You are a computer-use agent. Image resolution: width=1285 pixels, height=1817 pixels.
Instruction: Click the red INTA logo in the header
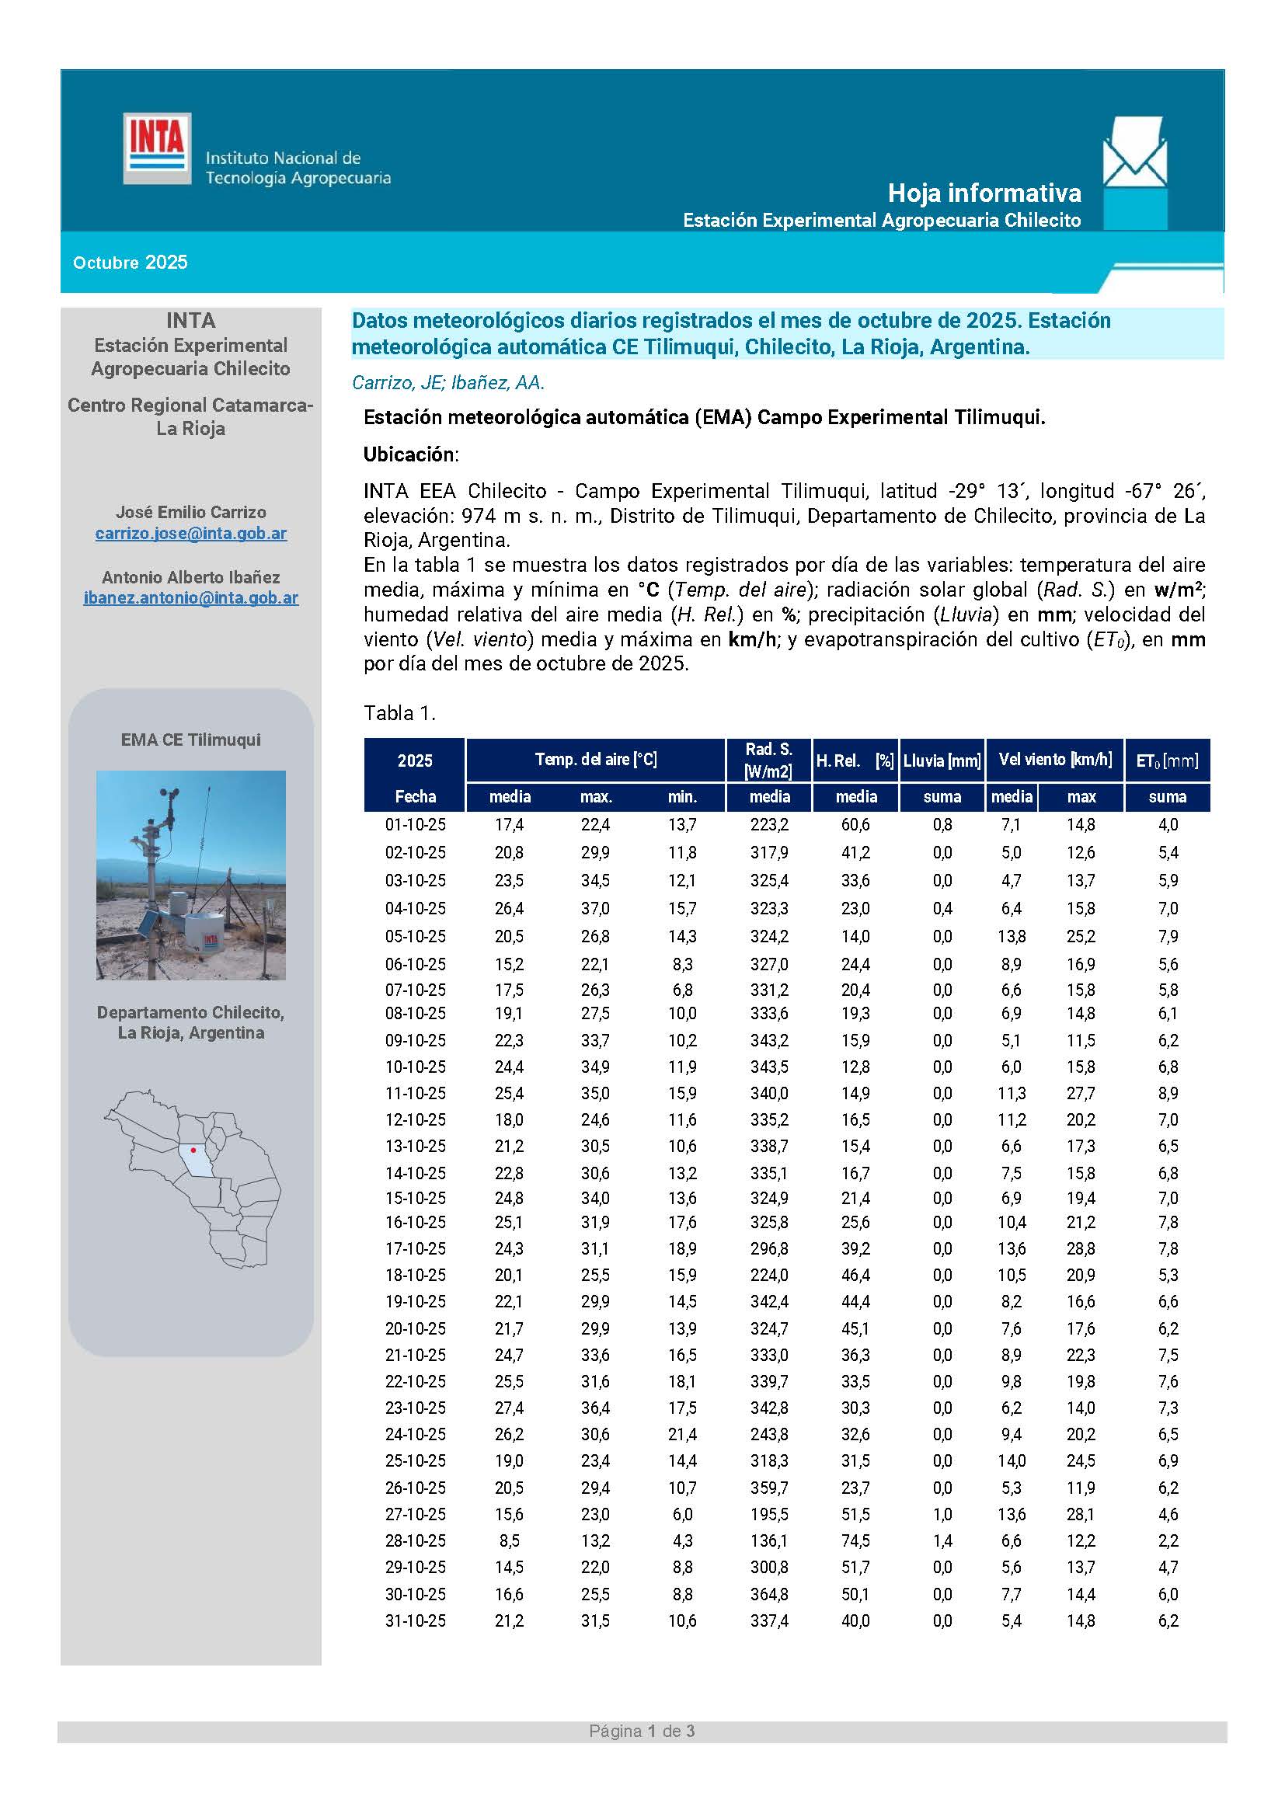(157, 148)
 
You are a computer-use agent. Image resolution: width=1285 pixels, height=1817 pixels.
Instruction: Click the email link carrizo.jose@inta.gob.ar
(190, 534)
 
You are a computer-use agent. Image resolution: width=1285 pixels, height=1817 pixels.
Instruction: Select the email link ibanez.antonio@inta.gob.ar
(190, 598)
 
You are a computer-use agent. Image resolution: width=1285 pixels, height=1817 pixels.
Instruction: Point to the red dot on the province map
(193, 1150)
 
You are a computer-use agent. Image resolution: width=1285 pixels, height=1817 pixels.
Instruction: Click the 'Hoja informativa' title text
(984, 193)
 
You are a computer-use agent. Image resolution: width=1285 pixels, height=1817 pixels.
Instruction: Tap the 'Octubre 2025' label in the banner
(131, 263)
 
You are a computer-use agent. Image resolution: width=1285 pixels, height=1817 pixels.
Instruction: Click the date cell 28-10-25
(416, 1540)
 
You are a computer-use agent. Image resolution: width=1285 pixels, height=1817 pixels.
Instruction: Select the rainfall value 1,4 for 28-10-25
(942, 1540)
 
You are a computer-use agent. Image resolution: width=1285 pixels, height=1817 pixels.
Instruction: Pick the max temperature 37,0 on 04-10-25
(595, 909)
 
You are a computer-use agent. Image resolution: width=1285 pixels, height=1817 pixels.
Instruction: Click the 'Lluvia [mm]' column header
(942, 761)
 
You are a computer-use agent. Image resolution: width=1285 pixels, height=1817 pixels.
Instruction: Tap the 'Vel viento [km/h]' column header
(1055, 760)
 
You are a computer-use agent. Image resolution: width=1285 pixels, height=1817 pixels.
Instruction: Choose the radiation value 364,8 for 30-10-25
(769, 1594)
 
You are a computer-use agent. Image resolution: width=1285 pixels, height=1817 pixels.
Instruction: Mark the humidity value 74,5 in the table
(855, 1540)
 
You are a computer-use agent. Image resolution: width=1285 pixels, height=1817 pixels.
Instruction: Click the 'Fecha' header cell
(416, 796)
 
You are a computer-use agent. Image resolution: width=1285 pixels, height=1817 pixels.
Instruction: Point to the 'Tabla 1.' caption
(399, 713)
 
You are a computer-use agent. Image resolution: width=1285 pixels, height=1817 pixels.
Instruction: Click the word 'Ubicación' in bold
(410, 454)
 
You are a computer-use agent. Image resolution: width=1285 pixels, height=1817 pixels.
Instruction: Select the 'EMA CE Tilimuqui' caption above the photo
(190, 740)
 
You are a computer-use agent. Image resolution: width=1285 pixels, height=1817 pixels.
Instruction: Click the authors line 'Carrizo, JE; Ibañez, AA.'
(447, 383)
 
